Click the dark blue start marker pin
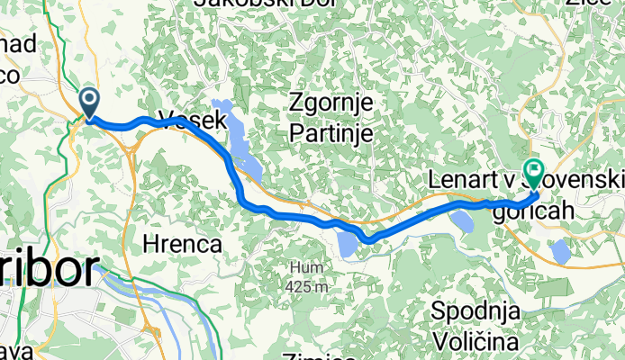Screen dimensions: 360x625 click(x=90, y=101)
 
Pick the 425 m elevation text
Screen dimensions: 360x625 click(x=306, y=286)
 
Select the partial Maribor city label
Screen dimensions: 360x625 click(x=50, y=269)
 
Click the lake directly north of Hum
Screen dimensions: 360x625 click(x=348, y=244)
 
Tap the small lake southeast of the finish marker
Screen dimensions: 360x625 click(x=560, y=251)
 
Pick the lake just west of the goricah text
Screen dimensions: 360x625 click(x=461, y=220)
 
